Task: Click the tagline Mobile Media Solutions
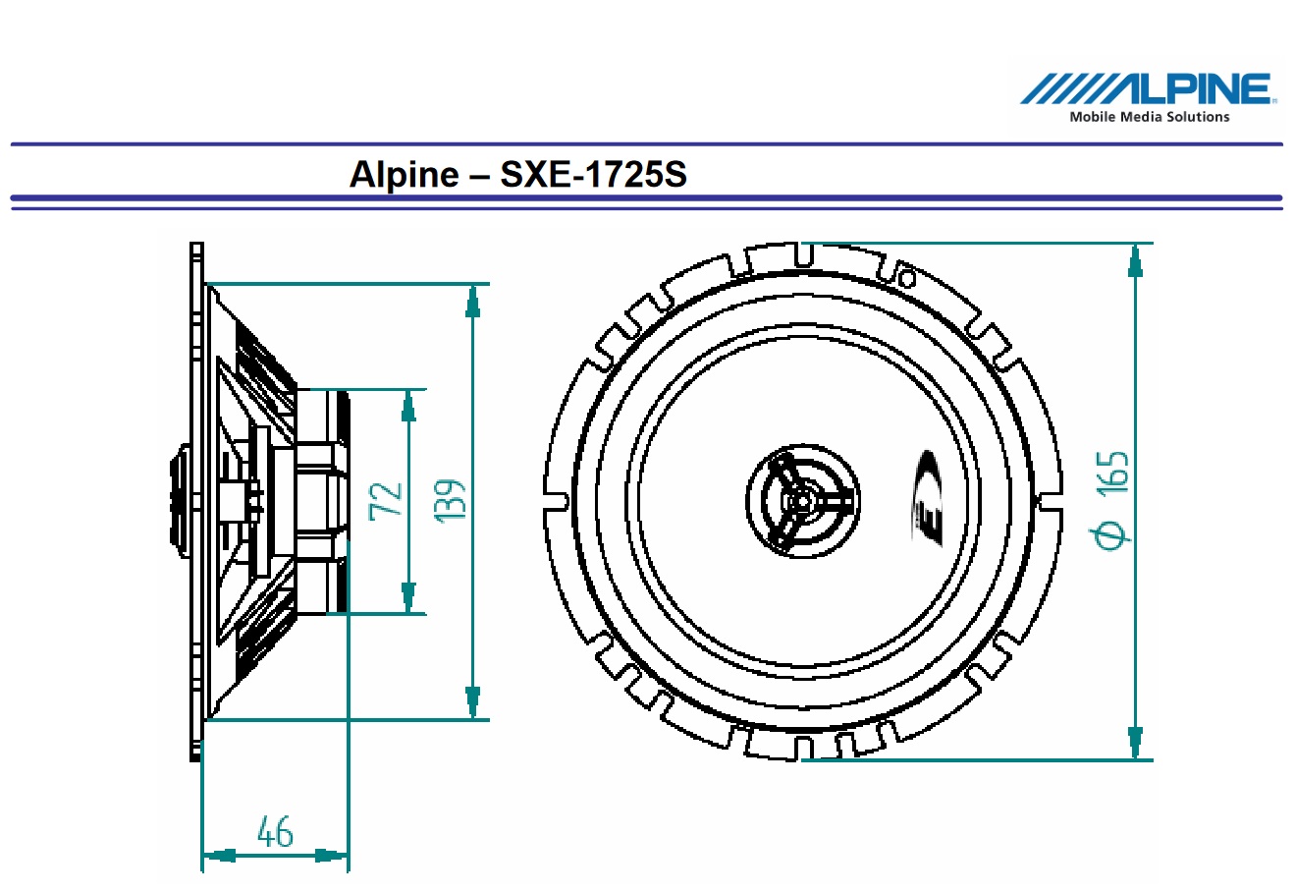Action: [1149, 117]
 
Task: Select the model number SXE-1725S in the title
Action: [594, 175]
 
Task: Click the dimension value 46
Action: [275, 832]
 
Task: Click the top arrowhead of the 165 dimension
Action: [1136, 259]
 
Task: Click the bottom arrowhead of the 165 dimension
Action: [1136, 742]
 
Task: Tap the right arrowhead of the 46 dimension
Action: [331, 856]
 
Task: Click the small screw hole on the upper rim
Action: [908, 280]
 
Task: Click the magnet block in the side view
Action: [322, 501]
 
